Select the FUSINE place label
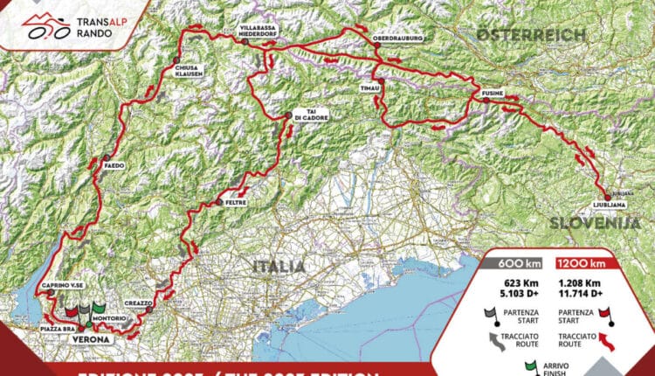pyautogui.click(x=488, y=92)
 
